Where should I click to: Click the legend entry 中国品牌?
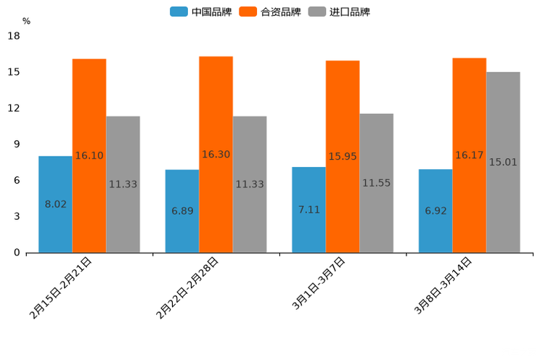tap(201, 12)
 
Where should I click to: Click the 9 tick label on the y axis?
tap(16, 144)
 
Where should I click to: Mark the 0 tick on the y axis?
tap(16, 253)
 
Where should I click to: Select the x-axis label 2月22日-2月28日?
tap(187, 288)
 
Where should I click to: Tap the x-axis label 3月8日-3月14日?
tap(443, 288)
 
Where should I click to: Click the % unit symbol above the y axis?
tap(26, 21)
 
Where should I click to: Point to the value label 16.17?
tap(470, 155)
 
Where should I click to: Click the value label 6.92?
tap(435, 211)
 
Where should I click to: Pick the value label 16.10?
tap(89, 155)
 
